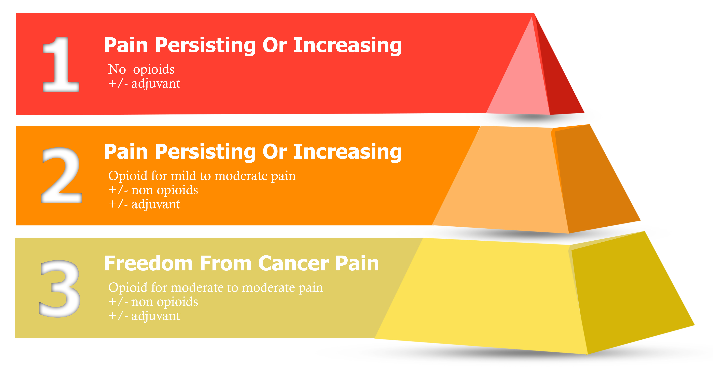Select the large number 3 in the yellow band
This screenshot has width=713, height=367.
tap(60, 288)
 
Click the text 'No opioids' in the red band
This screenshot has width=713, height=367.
tap(141, 69)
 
